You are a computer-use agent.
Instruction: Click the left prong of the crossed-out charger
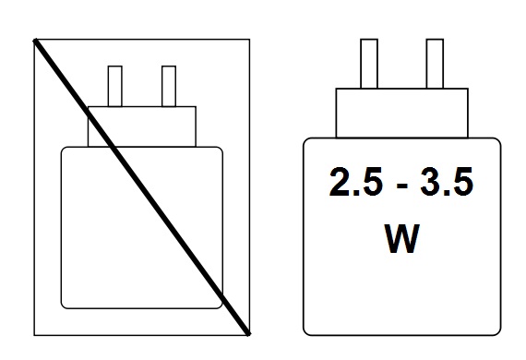coord(116,86)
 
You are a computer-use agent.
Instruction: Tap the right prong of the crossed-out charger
coord(169,86)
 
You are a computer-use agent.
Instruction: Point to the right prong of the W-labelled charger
coord(434,65)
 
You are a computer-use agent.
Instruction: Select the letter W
coord(401,239)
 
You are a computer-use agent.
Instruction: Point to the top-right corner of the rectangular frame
coord(249,40)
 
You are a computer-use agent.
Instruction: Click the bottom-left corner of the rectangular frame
coord(34,333)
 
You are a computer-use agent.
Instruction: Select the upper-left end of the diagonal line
coord(36,41)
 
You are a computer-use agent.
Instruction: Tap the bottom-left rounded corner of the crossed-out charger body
coord(66,303)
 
